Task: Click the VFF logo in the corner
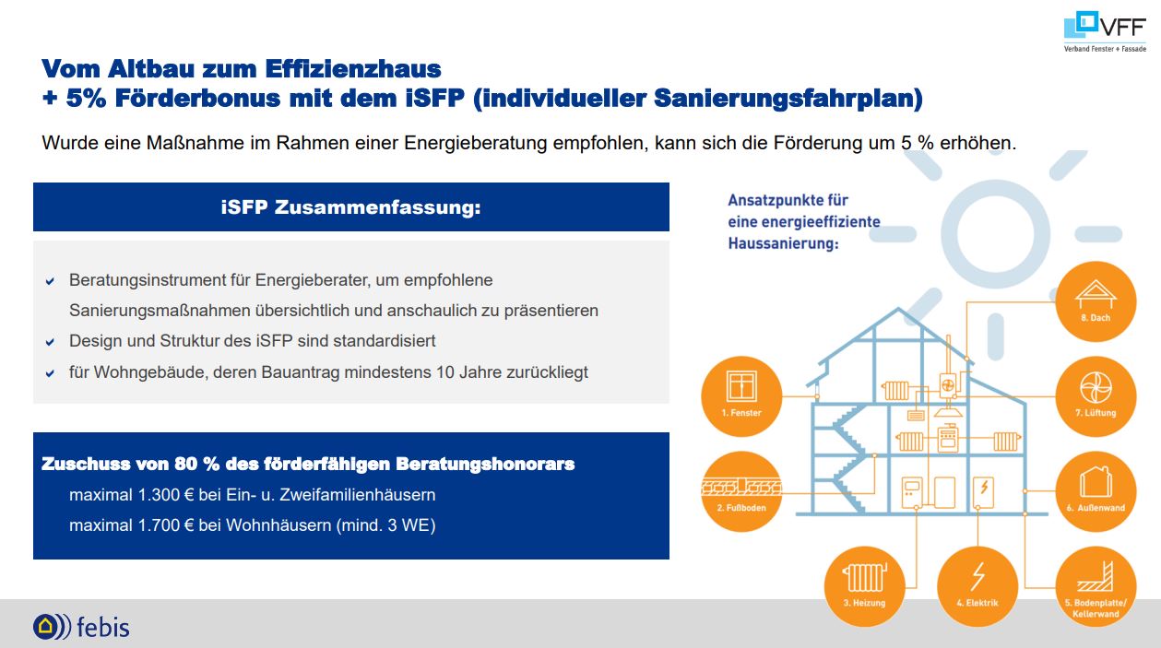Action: (x=1105, y=31)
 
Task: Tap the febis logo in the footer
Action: (x=81, y=626)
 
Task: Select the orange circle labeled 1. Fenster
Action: (x=741, y=396)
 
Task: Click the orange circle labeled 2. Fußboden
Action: (x=741, y=491)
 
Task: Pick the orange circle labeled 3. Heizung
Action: (x=865, y=586)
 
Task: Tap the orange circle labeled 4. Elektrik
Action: (x=977, y=586)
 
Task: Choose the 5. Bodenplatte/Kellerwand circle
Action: (x=1096, y=586)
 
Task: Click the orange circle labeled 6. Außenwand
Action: (x=1096, y=491)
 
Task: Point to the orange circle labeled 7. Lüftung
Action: (x=1096, y=396)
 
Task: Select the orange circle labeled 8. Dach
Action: (x=1096, y=301)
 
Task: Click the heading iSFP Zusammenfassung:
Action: (x=351, y=207)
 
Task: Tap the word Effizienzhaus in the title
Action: (x=353, y=69)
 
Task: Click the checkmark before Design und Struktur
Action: (x=51, y=342)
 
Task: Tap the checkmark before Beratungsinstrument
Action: (x=51, y=281)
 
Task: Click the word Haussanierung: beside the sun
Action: (x=783, y=243)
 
